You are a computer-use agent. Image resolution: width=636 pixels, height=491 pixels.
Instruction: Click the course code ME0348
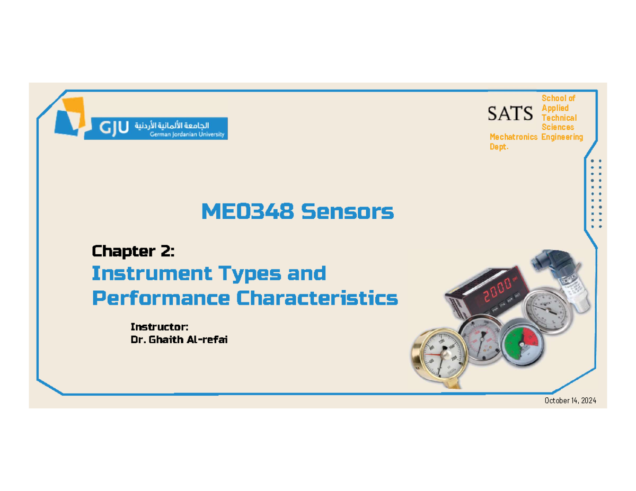(248, 211)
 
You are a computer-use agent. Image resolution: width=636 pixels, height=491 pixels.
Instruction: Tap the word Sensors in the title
(347, 211)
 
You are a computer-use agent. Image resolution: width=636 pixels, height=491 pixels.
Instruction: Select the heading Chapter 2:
(133, 251)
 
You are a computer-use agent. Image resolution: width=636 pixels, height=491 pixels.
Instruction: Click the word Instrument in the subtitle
(152, 273)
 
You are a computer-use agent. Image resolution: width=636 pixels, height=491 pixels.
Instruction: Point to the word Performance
(161, 299)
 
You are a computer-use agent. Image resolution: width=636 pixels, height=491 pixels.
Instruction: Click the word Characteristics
(317, 298)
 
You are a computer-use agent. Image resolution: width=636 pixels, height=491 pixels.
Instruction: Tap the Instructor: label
(160, 327)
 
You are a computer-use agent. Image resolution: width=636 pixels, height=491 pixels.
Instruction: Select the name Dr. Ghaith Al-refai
(179, 340)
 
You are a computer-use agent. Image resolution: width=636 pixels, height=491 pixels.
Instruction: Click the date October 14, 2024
(570, 400)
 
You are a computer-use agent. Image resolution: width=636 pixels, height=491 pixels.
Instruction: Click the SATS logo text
(510, 113)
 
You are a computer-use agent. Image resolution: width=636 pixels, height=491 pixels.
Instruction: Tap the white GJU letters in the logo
(114, 128)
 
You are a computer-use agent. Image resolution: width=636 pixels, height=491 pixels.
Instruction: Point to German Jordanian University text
(187, 135)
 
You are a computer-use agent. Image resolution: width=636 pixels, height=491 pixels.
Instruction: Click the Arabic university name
(172, 126)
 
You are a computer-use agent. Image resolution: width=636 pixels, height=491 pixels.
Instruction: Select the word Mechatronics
(514, 137)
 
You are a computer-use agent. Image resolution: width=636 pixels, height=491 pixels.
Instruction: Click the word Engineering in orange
(562, 137)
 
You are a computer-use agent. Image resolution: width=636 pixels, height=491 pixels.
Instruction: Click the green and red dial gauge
(523, 342)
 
